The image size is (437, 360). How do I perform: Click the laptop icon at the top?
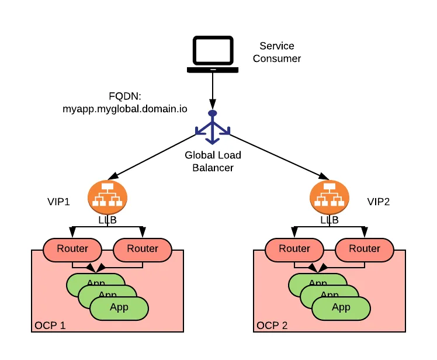tap(212, 55)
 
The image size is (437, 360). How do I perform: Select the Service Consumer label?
tap(277, 52)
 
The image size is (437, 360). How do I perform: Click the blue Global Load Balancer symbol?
tap(213, 128)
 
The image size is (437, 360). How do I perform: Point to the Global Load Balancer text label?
tap(213, 161)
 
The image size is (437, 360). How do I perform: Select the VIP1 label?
tap(58, 202)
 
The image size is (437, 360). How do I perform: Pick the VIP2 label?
tap(378, 202)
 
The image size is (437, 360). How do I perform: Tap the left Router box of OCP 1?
tap(72, 249)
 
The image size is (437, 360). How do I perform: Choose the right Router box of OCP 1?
tap(143, 249)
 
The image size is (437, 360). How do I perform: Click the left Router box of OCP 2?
tap(294, 249)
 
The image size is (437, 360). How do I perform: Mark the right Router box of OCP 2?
tap(365, 249)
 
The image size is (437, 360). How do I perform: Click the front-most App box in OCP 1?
tap(119, 307)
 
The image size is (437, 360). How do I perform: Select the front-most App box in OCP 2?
tap(341, 307)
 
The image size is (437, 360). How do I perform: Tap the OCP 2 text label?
tap(272, 325)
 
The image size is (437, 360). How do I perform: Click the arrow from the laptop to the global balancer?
tap(213, 91)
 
